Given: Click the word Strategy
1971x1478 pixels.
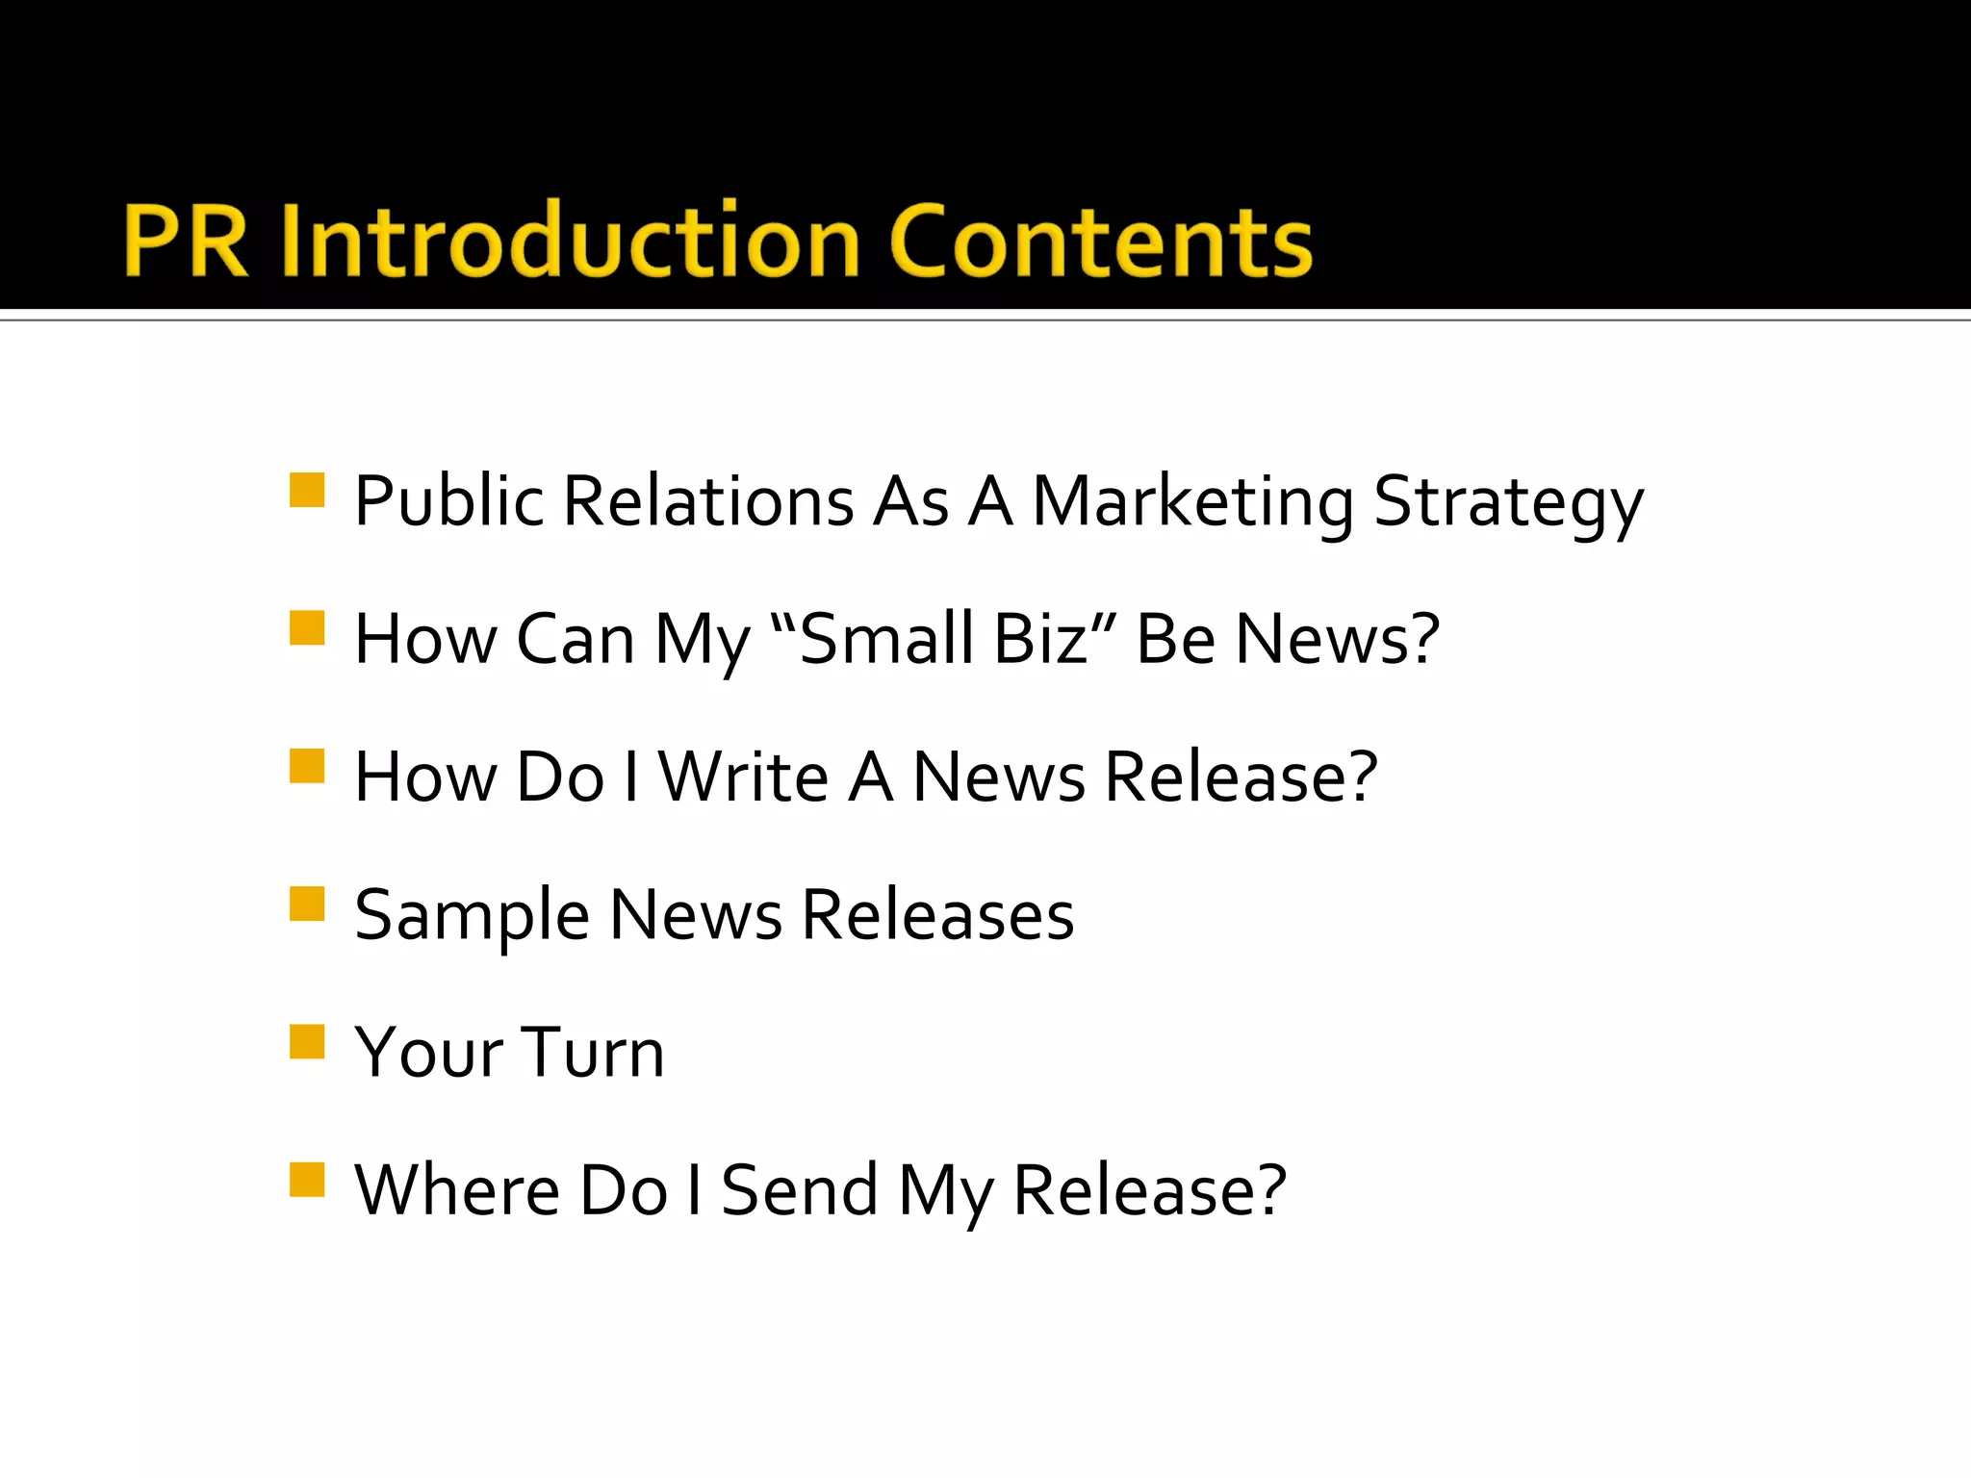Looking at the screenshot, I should pyautogui.click(x=1508, y=502).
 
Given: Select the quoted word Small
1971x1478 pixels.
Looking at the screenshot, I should pyautogui.click(x=886, y=639).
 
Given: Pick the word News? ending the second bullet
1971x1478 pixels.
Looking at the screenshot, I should pyautogui.click(x=1337, y=639).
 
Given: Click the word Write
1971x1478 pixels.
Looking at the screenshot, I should pyautogui.click(x=743, y=777).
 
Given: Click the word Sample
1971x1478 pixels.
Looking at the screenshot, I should pyautogui.click(x=472, y=916).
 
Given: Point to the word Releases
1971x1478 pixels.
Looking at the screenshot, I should pyautogui.click(x=937, y=914).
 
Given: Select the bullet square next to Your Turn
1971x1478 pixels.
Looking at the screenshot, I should pyautogui.click(x=307, y=1041).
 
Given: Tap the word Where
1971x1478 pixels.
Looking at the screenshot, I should pyautogui.click(x=457, y=1190).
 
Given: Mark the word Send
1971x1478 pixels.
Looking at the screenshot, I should pyautogui.click(x=800, y=1190).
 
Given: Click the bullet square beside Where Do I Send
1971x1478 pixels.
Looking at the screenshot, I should pyautogui.click(x=307, y=1179).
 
